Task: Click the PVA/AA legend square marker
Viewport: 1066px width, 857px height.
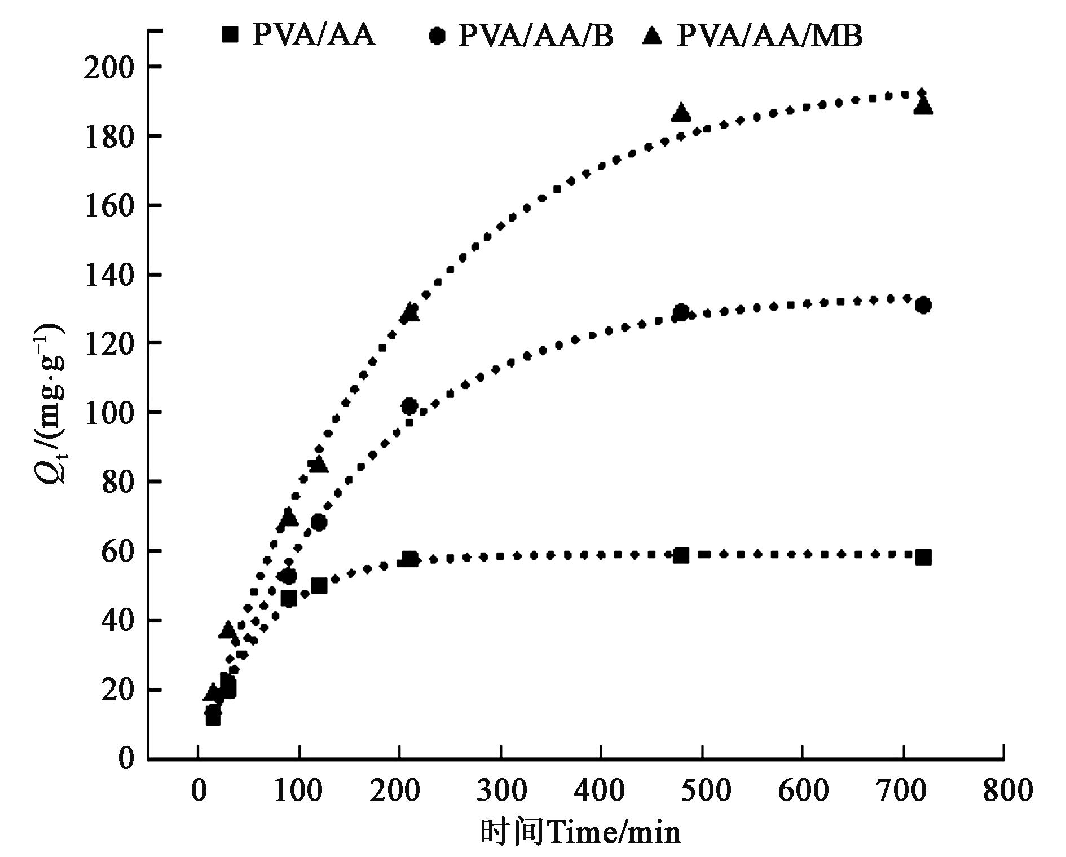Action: tap(230, 35)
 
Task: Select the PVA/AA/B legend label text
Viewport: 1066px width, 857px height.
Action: tap(535, 36)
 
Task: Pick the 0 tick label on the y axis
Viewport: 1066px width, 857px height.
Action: tap(126, 758)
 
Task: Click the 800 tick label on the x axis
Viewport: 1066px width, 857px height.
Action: tap(1003, 790)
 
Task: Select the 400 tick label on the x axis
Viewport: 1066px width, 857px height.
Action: tap(600, 790)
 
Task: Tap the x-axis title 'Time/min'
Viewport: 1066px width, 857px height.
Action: tap(614, 832)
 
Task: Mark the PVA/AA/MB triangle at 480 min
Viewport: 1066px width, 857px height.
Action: tap(681, 112)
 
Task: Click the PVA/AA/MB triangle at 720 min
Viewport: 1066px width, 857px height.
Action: tap(923, 105)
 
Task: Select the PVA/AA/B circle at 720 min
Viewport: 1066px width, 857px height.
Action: tap(923, 306)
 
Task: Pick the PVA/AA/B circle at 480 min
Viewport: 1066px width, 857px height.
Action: tap(681, 312)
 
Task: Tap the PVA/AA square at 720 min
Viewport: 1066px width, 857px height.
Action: tap(923, 557)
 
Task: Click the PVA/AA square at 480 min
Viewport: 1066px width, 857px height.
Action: tap(681, 555)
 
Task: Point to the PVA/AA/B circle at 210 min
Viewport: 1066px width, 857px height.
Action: tap(409, 406)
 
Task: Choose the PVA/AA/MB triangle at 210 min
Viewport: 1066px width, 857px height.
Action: tap(409, 312)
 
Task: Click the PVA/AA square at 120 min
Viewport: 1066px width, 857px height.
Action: tap(319, 586)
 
